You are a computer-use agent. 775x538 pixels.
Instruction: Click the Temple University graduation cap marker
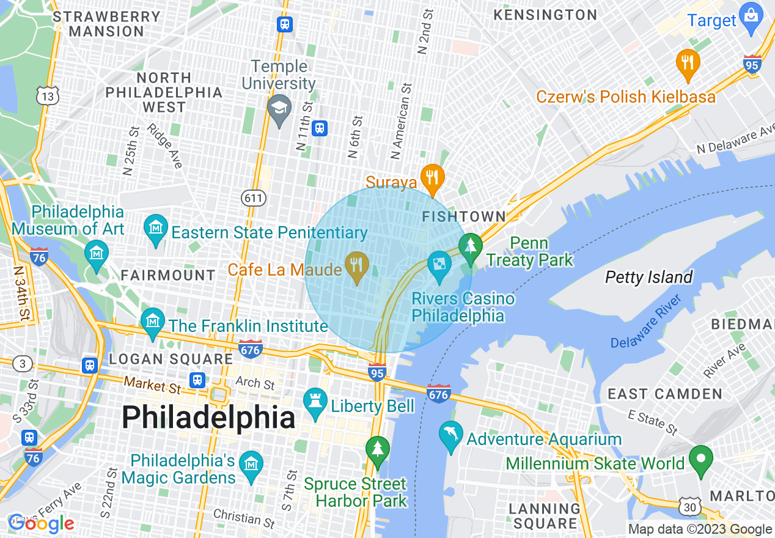[x=279, y=109]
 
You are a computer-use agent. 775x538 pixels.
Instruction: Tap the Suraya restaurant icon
[x=432, y=178]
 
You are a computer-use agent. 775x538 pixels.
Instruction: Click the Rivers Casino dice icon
[x=439, y=265]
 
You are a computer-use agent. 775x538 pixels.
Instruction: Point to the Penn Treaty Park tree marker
[x=470, y=248]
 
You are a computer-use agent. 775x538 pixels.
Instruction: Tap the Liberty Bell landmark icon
[x=315, y=403]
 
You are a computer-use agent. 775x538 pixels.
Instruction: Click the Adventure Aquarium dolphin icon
[x=450, y=435]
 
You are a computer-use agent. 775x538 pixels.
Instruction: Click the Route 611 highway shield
[x=252, y=197]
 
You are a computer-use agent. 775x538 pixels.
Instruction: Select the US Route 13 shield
[x=47, y=95]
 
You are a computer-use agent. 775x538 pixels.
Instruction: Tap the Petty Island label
[x=648, y=278]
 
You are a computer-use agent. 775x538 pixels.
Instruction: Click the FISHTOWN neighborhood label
[x=464, y=216]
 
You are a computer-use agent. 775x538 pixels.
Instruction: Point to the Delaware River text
[x=645, y=322]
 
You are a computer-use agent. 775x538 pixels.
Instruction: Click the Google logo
[x=40, y=523]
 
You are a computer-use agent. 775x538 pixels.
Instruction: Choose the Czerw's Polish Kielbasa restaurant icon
[x=688, y=63]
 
